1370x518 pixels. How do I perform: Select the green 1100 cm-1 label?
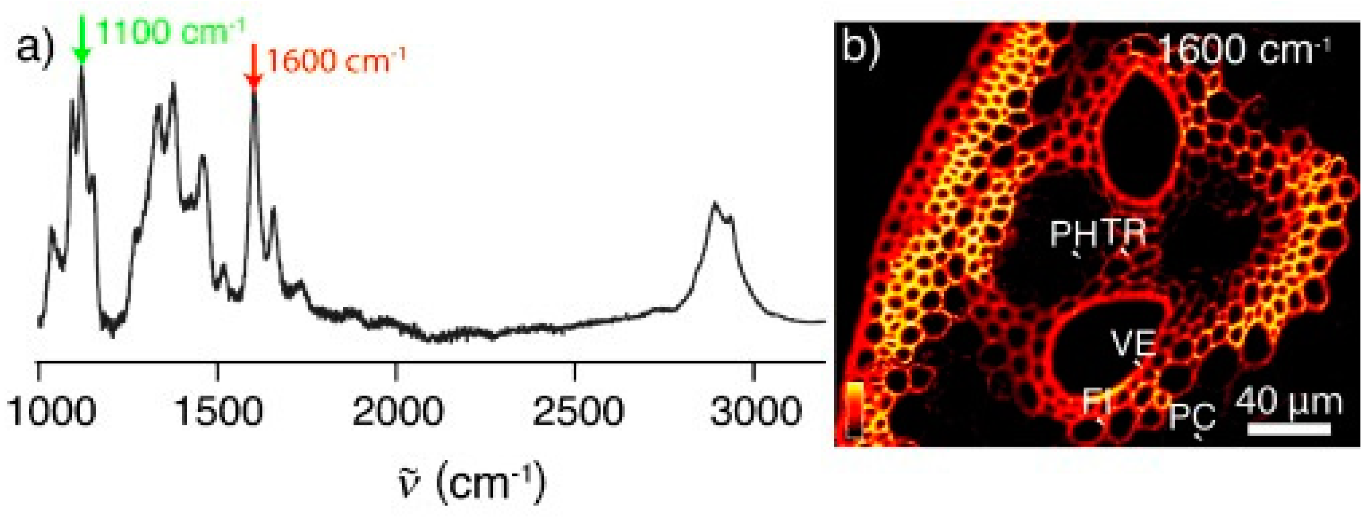pos(169,33)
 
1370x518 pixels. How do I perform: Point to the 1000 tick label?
pos(51,411)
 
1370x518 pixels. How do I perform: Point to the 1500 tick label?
pos(218,411)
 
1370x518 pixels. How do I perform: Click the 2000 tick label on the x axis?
pos(397,411)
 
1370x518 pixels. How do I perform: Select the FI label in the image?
pos(1097,401)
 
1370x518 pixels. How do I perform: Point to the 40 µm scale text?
pos(1288,403)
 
